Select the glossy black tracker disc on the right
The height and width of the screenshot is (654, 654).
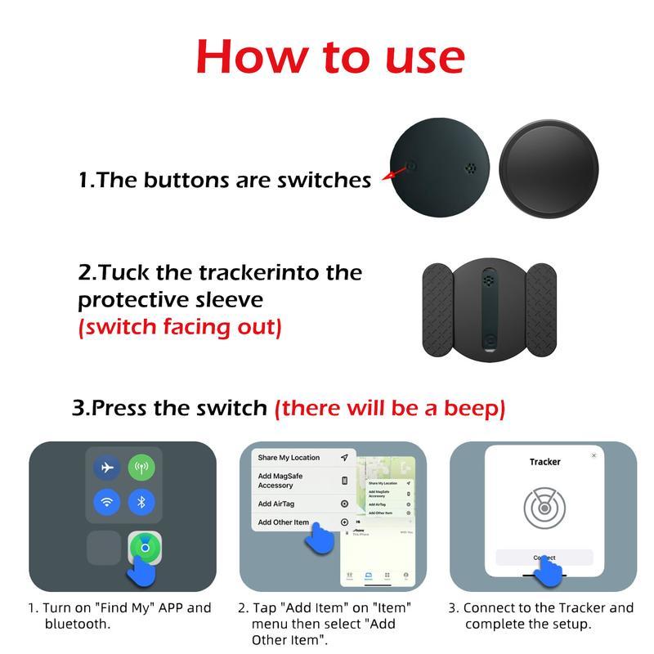click(x=549, y=167)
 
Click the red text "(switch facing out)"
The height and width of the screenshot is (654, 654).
click(x=179, y=327)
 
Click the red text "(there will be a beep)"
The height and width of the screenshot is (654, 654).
click(x=389, y=407)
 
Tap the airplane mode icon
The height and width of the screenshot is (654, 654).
click(x=105, y=468)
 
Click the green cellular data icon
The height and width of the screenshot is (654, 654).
click(x=141, y=468)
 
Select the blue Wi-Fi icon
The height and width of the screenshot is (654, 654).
click(x=105, y=502)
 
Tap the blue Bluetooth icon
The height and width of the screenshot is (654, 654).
click(x=141, y=502)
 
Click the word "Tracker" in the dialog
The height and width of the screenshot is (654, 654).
click(x=544, y=462)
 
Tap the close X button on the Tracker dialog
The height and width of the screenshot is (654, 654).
click(x=594, y=455)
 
